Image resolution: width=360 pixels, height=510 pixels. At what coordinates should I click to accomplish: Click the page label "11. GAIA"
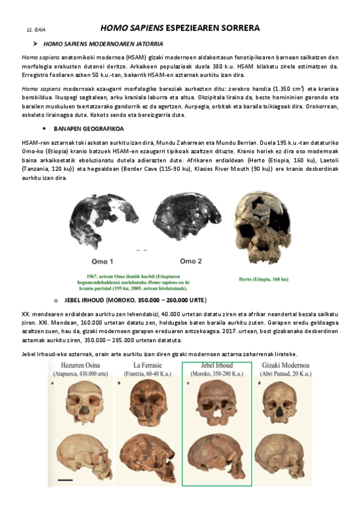[36, 29]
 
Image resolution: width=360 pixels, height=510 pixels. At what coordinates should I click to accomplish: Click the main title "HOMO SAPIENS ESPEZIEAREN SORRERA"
[180, 28]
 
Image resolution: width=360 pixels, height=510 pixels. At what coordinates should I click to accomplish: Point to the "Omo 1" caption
[102, 261]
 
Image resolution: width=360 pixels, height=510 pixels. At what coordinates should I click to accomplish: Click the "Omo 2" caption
[191, 261]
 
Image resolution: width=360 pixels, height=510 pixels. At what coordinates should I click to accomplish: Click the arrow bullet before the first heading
[36, 44]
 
